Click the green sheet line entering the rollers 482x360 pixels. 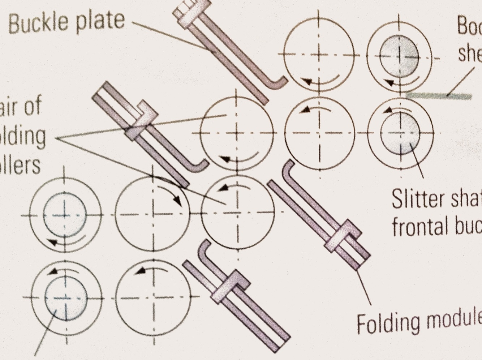(x=439, y=96)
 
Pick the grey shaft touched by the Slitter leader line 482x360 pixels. (x=400, y=133)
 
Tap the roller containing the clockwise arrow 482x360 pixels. (x=152, y=214)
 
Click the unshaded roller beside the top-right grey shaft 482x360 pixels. (x=318, y=55)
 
